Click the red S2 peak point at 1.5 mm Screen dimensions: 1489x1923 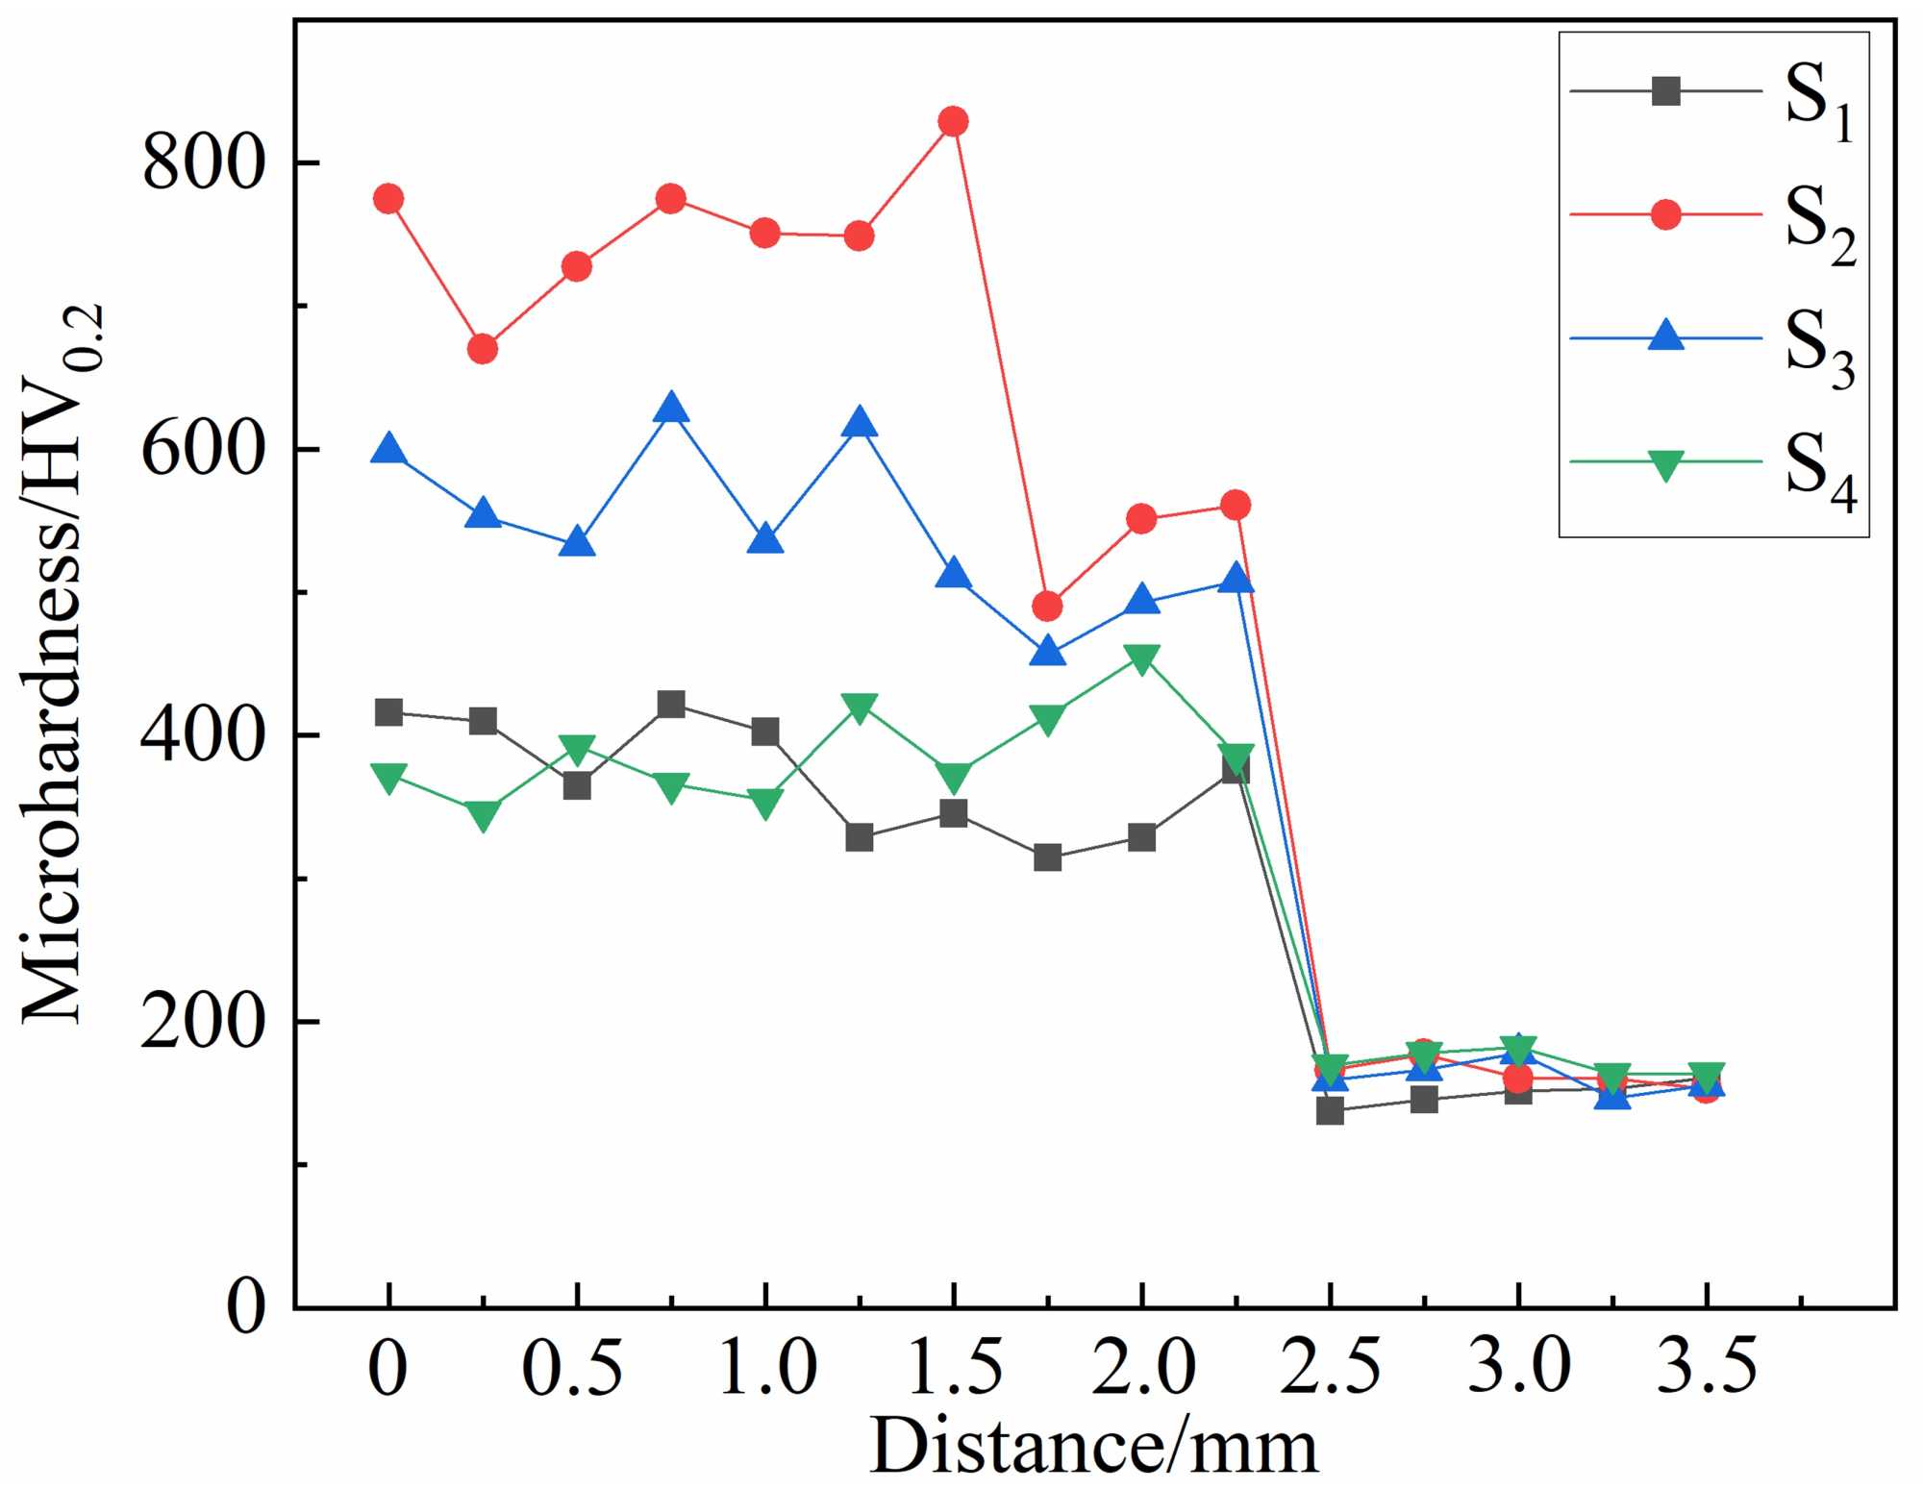[953, 122]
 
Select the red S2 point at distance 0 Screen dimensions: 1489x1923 [388, 199]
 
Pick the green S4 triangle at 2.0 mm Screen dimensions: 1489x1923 [1141, 659]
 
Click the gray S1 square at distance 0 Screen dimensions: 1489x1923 [388, 712]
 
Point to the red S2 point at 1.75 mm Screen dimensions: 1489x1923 [1047, 607]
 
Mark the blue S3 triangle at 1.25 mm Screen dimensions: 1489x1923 [860, 423]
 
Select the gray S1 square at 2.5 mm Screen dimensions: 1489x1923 [1330, 1110]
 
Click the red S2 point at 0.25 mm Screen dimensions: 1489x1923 [483, 349]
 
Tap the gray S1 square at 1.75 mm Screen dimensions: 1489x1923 [1047, 857]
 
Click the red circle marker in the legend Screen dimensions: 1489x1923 [1665, 214]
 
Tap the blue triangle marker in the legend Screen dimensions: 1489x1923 [1665, 335]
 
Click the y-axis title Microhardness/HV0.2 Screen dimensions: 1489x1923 [63, 663]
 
